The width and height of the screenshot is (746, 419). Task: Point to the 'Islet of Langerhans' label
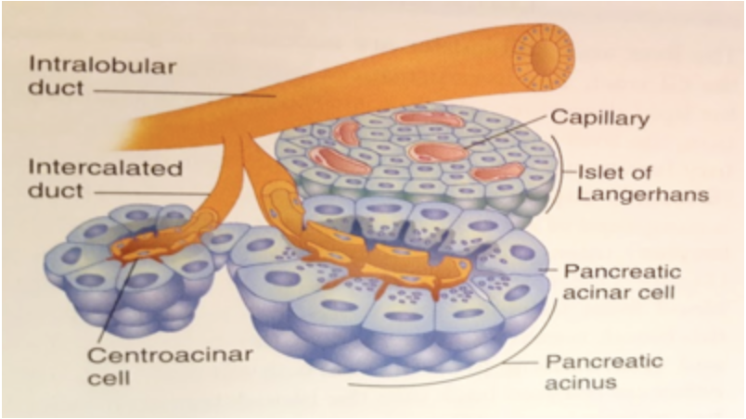631,183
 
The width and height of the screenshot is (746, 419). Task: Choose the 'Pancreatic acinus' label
603,370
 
